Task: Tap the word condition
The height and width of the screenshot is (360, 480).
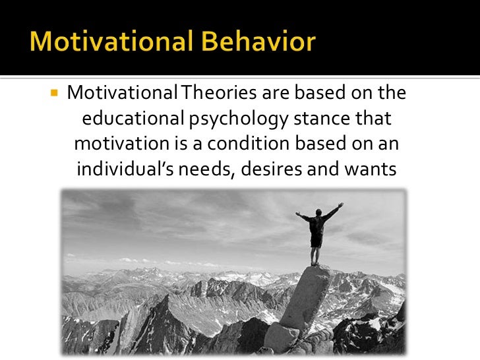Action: coord(254,144)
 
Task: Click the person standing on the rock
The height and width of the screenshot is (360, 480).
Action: coord(317,227)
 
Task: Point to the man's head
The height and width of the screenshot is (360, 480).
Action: coord(318,212)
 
